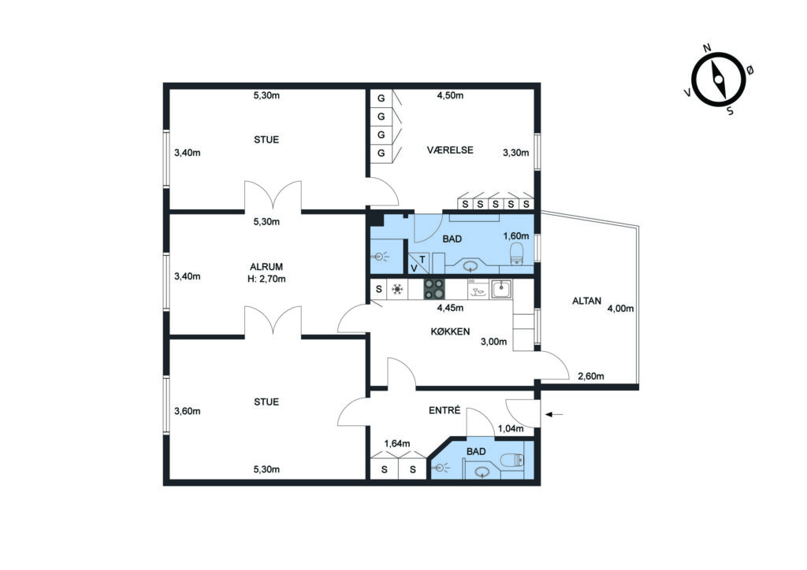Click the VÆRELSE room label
click(x=450, y=150)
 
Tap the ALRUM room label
click(x=266, y=267)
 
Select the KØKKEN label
click(x=450, y=331)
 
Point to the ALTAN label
click(x=586, y=301)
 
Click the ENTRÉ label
click(x=444, y=411)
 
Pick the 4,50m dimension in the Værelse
click(x=450, y=95)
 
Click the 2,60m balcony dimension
click(x=591, y=376)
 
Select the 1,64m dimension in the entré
click(x=397, y=443)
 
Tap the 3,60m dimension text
click(x=188, y=411)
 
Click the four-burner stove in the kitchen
click(x=434, y=290)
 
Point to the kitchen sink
click(x=501, y=290)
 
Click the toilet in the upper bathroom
click(x=516, y=254)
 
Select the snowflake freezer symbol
click(x=397, y=290)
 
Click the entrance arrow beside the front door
click(x=554, y=414)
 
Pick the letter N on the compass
click(x=707, y=48)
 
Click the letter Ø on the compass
click(x=750, y=69)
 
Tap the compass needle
click(x=719, y=80)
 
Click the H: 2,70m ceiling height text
click(x=266, y=279)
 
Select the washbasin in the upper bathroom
click(x=470, y=266)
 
